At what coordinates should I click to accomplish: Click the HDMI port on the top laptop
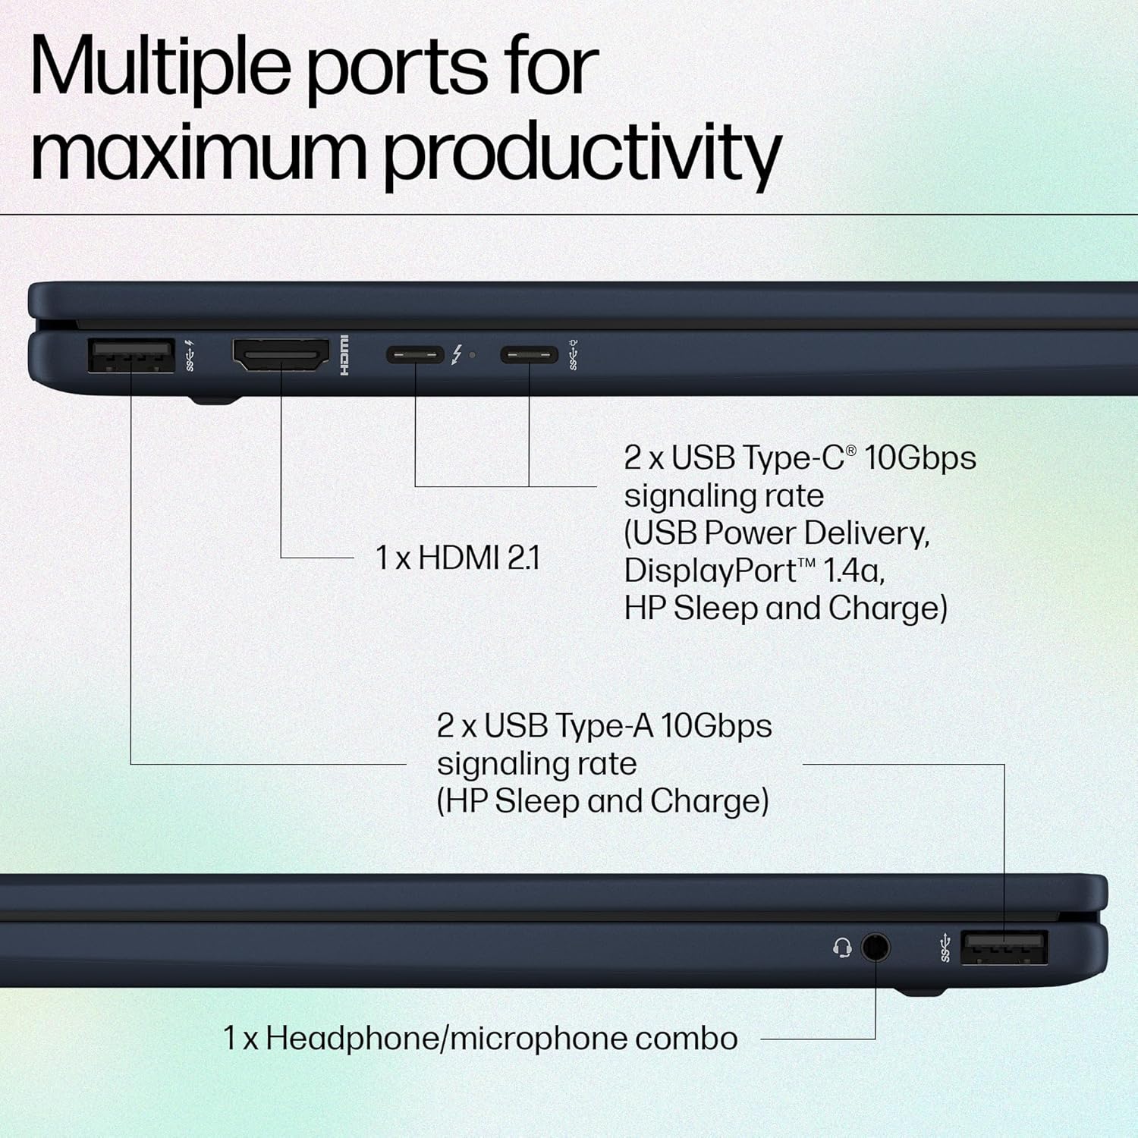[281, 354]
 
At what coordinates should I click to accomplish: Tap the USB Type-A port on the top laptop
[130, 355]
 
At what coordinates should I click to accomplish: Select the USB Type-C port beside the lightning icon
[415, 354]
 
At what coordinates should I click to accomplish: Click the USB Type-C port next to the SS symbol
[529, 354]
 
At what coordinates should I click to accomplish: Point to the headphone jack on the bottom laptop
[876, 947]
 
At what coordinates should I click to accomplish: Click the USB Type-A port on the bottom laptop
[1004, 948]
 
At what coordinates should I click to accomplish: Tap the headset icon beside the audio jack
[841, 948]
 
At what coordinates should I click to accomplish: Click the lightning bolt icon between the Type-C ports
[457, 354]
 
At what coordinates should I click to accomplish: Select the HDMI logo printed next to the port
[344, 354]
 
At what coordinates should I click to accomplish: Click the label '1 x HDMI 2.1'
[457, 558]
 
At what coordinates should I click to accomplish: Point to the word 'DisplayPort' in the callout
[710, 571]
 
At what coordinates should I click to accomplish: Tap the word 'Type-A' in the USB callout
[604, 726]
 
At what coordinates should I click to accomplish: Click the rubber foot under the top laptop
[215, 400]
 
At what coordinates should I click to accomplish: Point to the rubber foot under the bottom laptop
[920, 991]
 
